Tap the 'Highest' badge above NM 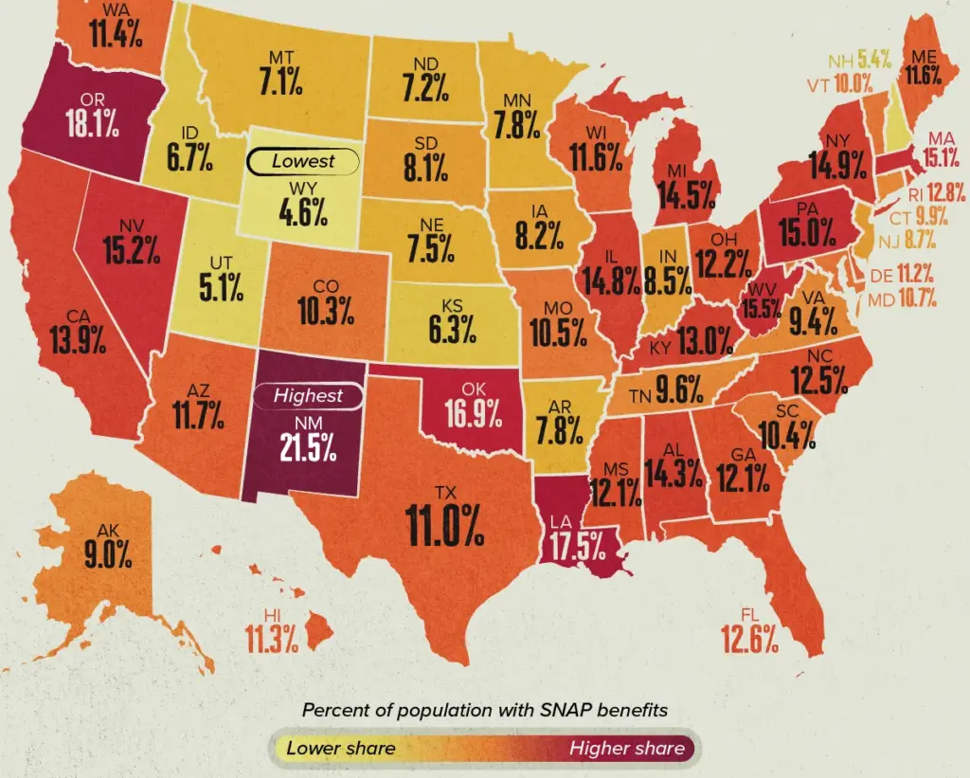point(307,396)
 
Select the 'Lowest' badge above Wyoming point(302,161)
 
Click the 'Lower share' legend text point(341,749)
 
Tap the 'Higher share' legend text point(626,749)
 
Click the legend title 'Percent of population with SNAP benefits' point(484,710)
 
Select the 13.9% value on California point(78,340)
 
